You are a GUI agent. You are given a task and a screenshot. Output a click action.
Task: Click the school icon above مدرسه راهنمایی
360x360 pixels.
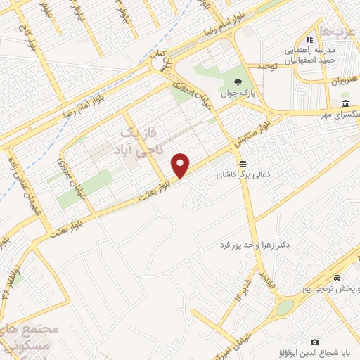307,40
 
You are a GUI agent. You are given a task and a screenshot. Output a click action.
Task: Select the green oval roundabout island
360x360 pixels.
285,307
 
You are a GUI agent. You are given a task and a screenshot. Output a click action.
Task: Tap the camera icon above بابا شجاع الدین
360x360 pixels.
314,341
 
